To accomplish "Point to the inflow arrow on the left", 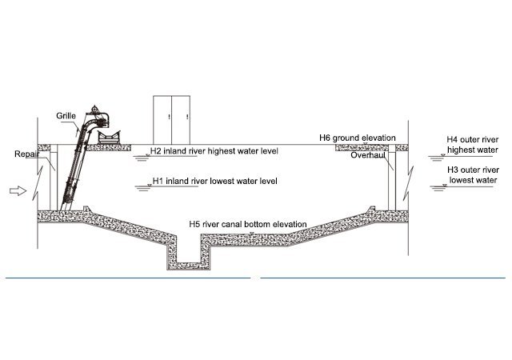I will coord(15,191).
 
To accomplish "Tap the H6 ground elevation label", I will coord(357,138).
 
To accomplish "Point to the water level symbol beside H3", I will coord(438,187).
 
